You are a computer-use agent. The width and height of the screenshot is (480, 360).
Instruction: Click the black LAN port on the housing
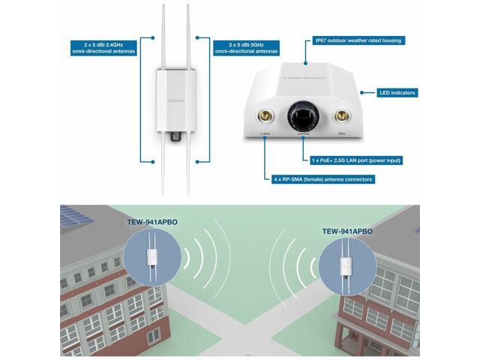(303, 116)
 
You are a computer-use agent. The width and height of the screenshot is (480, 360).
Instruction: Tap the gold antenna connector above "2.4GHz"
(265, 116)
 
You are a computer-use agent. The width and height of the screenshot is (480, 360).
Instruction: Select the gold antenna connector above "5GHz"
(341, 116)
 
